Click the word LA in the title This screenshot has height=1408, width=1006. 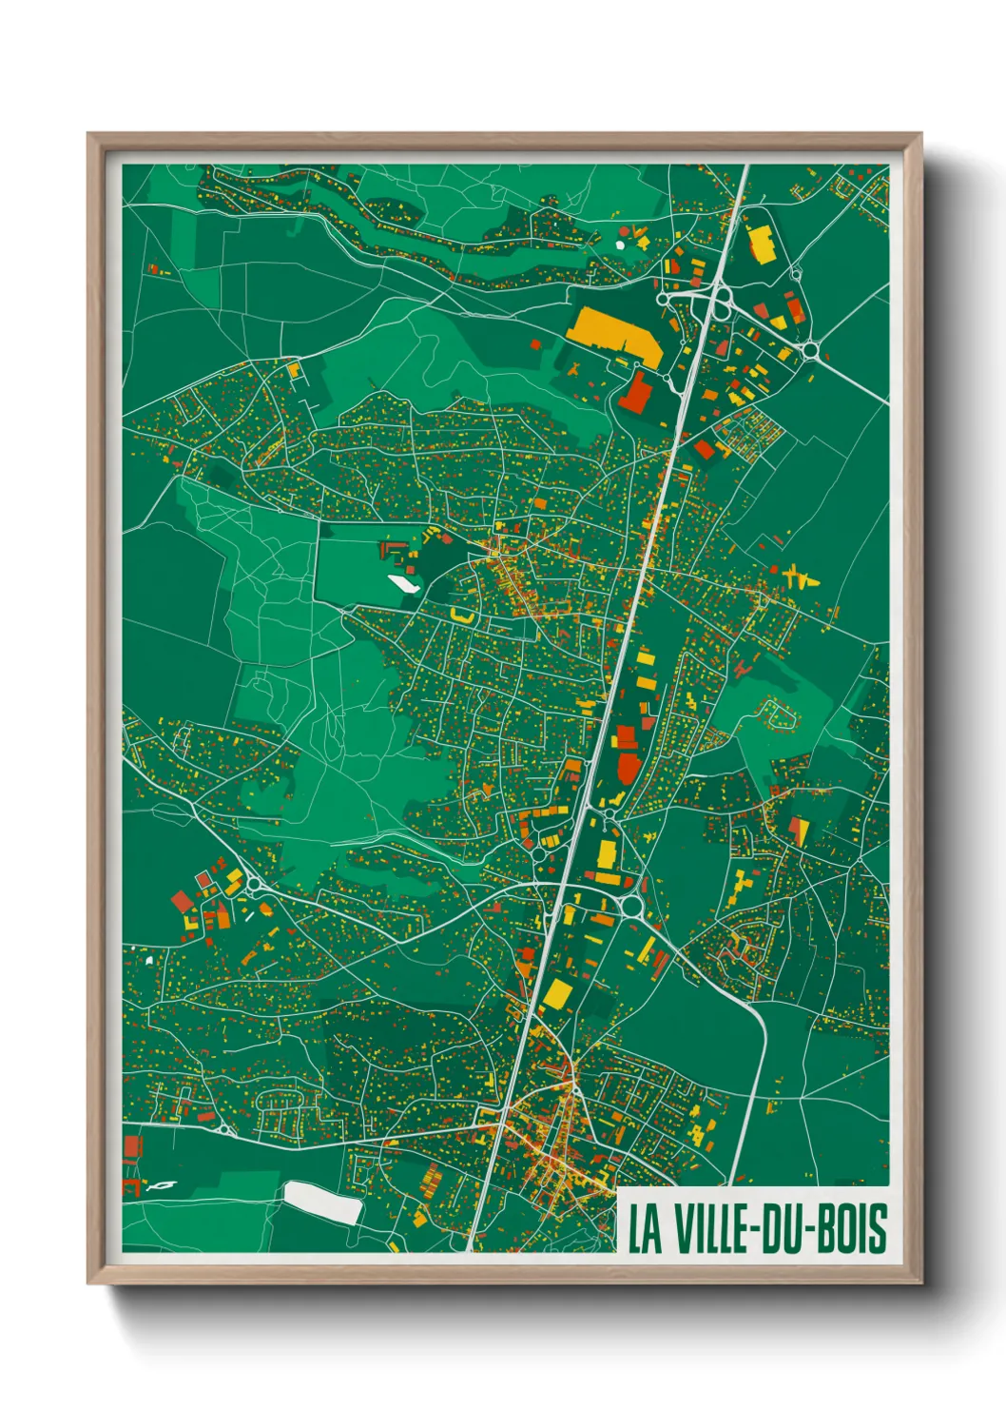click(644, 1228)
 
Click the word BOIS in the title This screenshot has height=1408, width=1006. click(852, 1228)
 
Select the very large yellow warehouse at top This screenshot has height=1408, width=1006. click(613, 332)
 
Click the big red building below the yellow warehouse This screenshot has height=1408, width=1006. click(636, 392)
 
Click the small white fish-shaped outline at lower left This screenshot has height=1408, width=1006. click(163, 1185)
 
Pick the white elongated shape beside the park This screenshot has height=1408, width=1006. click(403, 583)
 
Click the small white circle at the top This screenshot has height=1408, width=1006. click(620, 244)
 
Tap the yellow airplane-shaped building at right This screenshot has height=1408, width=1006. click(800, 577)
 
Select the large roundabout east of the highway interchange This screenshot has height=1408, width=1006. click(810, 351)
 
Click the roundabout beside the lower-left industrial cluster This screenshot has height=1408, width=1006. click(255, 887)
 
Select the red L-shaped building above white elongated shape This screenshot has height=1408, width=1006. click(391, 550)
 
